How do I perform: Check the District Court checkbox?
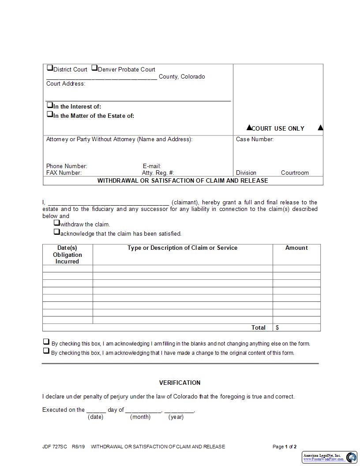point(50,68)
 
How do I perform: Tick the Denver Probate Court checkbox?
point(94,68)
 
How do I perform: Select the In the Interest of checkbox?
point(50,106)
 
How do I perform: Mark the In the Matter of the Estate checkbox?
point(50,115)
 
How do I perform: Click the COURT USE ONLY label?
point(277,128)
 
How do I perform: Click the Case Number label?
point(255,139)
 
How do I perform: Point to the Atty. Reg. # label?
point(157,173)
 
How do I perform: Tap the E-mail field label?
point(151,166)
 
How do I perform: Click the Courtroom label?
point(295,173)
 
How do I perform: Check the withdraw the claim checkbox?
point(57,223)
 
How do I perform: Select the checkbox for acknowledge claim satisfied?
point(57,232)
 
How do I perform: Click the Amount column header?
point(296,248)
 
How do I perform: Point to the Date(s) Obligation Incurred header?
point(67,255)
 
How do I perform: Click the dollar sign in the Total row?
point(277,327)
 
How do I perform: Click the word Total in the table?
point(259,327)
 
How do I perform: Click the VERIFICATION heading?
point(180,383)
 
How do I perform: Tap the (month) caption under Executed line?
point(140,417)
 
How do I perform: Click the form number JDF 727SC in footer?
point(55,447)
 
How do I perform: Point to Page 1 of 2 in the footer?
point(285,447)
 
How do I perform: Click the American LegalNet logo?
point(330,457)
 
